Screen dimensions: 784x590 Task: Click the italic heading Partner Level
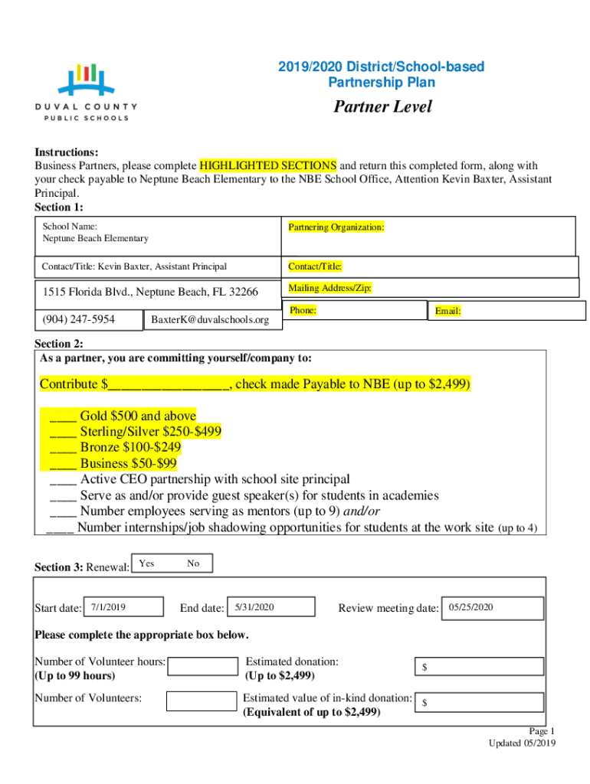click(x=382, y=106)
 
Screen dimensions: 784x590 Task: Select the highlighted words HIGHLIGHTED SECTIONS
click(x=267, y=165)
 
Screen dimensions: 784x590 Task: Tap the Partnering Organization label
click(x=336, y=227)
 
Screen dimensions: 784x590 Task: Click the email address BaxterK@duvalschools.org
click(x=210, y=319)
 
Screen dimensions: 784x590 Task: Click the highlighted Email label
click(x=447, y=311)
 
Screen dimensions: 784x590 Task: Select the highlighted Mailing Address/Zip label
click(x=329, y=289)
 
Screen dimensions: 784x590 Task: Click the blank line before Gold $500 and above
click(x=63, y=416)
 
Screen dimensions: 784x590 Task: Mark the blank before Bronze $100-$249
click(x=63, y=448)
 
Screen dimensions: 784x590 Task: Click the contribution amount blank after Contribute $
click(x=169, y=384)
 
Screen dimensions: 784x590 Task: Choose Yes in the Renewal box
click(x=146, y=563)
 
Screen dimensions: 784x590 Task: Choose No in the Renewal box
click(x=193, y=563)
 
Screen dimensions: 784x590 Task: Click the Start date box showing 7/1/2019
click(x=122, y=607)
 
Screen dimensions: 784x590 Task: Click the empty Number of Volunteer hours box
click(x=202, y=666)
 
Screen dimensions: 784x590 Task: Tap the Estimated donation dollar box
click(x=479, y=668)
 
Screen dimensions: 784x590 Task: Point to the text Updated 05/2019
click(x=523, y=743)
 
